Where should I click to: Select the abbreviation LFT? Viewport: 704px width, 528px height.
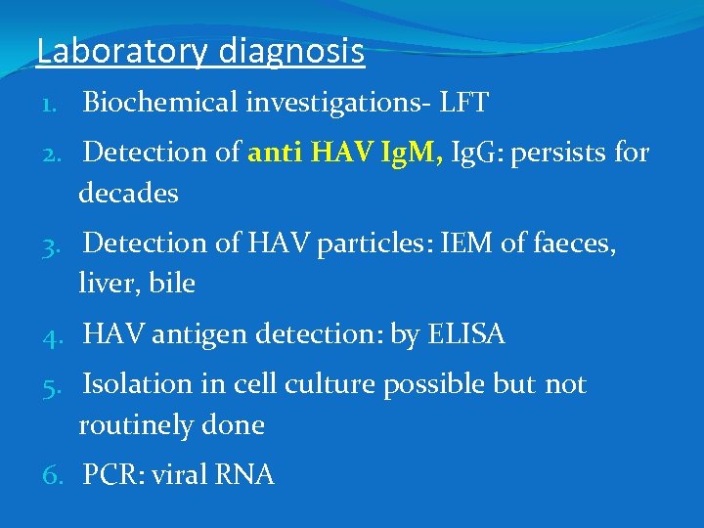coord(465,102)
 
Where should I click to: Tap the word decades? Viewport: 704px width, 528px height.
coord(128,193)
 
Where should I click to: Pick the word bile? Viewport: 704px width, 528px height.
coord(175,284)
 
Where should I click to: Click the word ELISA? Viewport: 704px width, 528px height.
coord(466,334)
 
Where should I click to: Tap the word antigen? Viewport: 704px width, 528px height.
coord(202,334)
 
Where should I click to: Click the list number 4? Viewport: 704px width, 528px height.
coord(51,335)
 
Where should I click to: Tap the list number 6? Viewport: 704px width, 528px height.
coord(51,476)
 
